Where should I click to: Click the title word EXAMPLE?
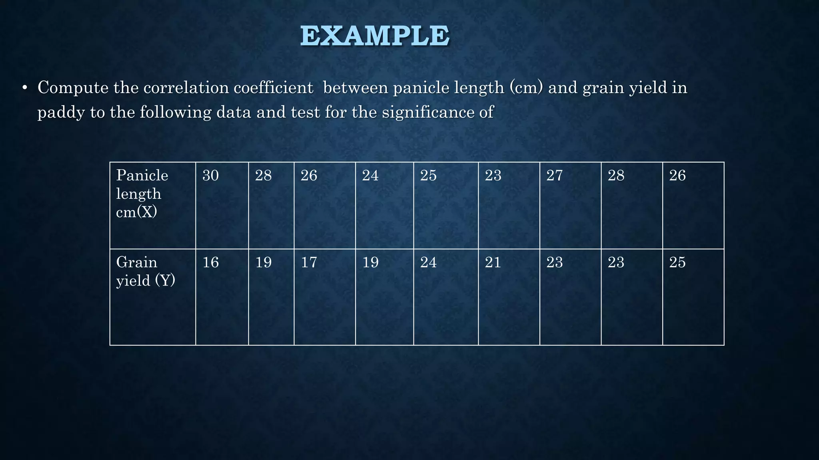click(x=375, y=36)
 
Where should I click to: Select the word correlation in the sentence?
click(x=186, y=87)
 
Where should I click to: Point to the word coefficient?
click(x=273, y=87)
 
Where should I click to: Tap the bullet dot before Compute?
click(x=24, y=88)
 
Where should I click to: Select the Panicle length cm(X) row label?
click(x=142, y=194)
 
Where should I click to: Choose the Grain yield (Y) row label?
click(x=146, y=272)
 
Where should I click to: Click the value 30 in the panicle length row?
click(x=210, y=175)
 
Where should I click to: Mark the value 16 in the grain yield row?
click(x=210, y=262)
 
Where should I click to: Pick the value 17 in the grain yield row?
click(x=309, y=262)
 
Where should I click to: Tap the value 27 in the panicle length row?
click(x=554, y=175)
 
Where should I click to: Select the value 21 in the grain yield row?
click(x=493, y=262)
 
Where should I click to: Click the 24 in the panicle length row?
click(x=370, y=175)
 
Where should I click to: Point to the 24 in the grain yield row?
click(x=428, y=262)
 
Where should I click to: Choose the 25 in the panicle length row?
click(x=428, y=175)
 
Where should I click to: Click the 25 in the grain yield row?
click(x=677, y=262)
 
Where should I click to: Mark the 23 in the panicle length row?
click(x=493, y=175)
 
